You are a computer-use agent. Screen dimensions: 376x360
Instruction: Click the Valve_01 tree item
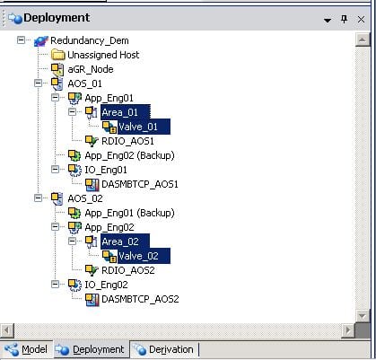tap(138, 127)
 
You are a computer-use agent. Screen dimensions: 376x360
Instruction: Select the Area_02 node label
tap(120, 241)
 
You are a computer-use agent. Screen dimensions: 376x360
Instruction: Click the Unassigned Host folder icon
tap(57, 55)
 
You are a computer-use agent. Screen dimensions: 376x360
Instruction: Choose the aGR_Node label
tap(91, 69)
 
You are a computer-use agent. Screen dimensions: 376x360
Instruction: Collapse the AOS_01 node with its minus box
tap(38, 83)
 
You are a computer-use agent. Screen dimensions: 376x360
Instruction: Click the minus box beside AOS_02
tap(38, 198)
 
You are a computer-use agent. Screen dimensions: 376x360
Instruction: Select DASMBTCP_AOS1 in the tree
tap(140, 184)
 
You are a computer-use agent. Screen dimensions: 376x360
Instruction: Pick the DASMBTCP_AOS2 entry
tap(140, 299)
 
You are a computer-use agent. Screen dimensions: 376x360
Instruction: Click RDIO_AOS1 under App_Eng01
tap(127, 141)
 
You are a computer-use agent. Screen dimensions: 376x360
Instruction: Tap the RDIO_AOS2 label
tap(128, 270)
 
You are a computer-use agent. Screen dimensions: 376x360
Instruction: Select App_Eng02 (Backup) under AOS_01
tap(129, 155)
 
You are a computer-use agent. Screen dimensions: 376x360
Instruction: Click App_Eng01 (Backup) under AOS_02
tap(129, 213)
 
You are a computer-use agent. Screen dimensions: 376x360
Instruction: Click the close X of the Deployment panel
tap(361, 20)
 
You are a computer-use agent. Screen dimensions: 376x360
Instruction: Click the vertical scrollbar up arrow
tap(363, 40)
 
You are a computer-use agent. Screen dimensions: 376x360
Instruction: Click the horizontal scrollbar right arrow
tap(348, 330)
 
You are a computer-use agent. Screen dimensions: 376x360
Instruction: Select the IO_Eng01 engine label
tap(106, 170)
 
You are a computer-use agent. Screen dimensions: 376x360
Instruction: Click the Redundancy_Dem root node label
tap(90, 40)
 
